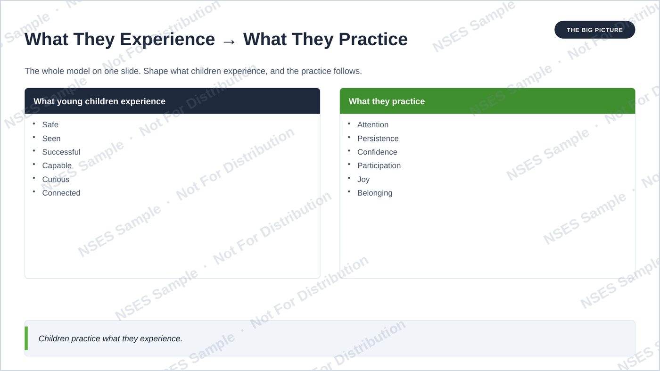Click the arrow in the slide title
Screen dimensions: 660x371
click(x=229, y=42)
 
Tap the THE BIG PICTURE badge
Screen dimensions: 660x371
click(x=594, y=30)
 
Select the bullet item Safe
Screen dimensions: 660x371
click(x=50, y=124)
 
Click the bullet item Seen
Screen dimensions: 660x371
click(x=51, y=139)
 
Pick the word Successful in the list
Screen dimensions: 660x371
click(x=61, y=152)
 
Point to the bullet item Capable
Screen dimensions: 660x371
click(x=57, y=165)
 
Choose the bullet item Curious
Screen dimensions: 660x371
click(x=56, y=180)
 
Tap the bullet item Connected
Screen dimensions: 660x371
click(x=61, y=193)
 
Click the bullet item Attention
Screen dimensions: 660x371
click(x=373, y=124)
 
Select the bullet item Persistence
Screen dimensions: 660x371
click(x=378, y=139)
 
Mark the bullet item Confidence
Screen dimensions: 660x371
click(x=377, y=152)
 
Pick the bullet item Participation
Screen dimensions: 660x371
click(x=379, y=165)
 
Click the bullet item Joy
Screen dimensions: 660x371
click(x=363, y=180)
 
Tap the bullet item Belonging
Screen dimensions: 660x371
click(x=375, y=193)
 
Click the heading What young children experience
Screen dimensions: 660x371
click(x=99, y=101)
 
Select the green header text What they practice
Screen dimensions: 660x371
click(x=387, y=101)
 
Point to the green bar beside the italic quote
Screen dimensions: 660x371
click(x=26, y=338)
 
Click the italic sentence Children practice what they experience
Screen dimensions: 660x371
click(x=110, y=338)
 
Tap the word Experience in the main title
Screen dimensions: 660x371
click(x=167, y=40)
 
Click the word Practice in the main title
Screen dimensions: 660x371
click(x=373, y=40)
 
